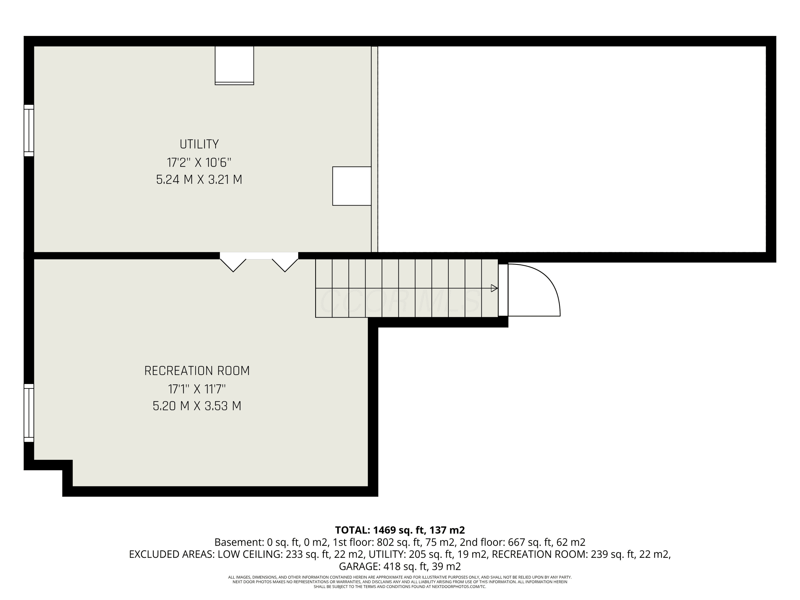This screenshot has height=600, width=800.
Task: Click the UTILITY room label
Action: tap(199, 144)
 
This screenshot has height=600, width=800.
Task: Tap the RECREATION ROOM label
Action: tap(197, 371)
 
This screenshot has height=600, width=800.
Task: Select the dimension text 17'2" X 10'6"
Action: tap(199, 163)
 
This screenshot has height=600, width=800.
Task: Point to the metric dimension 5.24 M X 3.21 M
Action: tap(199, 180)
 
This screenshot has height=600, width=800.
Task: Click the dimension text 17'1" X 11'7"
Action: tap(197, 389)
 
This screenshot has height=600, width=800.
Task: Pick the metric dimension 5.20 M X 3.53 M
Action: tap(197, 406)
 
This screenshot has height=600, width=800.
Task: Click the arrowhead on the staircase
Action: tap(494, 288)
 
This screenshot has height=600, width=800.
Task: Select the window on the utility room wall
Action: tap(29, 131)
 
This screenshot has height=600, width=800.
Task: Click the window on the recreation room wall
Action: tap(29, 413)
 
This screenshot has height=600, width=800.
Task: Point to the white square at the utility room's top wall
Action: tap(234, 65)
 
